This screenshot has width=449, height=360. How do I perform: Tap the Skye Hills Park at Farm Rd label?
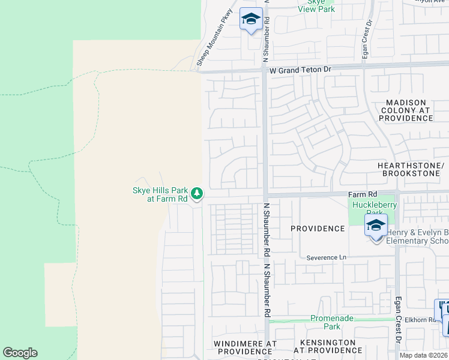160,194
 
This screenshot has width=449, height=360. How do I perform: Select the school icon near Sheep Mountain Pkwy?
251,20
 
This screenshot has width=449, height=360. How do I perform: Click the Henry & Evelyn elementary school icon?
376,227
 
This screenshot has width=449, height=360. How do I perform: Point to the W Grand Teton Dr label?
300,70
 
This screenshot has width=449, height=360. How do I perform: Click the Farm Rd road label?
363,194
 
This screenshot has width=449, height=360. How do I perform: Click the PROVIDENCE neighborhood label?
318,229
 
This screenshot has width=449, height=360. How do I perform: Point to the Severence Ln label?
327,257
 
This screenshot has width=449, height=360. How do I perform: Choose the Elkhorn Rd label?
421,320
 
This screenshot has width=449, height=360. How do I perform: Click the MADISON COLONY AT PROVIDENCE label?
406,110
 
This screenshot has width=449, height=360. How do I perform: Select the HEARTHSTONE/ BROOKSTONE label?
411,169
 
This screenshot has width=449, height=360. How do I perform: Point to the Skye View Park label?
316,5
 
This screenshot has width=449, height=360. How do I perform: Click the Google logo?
20,353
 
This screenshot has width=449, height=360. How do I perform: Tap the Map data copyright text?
423,355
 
